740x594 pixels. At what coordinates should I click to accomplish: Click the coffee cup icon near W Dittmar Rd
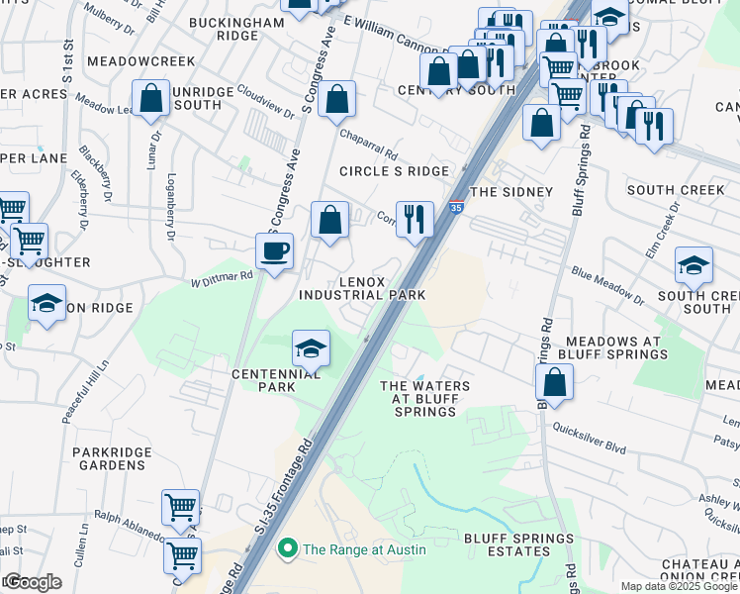point(274,250)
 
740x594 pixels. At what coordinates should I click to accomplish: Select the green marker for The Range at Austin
point(288,547)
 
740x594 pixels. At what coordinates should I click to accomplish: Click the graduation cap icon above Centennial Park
point(311,348)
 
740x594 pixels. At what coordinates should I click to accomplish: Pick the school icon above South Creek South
point(694,265)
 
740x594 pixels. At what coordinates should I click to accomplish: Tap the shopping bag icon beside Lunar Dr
point(150,98)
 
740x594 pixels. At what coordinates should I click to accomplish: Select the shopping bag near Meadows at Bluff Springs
point(555,382)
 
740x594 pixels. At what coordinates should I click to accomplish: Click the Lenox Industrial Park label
point(362,288)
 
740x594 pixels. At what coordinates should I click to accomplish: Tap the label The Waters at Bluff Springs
point(424,398)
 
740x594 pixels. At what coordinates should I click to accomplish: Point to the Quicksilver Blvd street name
point(590,441)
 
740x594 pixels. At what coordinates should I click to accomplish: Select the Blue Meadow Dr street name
point(606,284)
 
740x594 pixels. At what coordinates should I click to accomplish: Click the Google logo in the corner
point(33,582)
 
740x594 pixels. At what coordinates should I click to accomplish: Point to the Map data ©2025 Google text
point(679,586)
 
